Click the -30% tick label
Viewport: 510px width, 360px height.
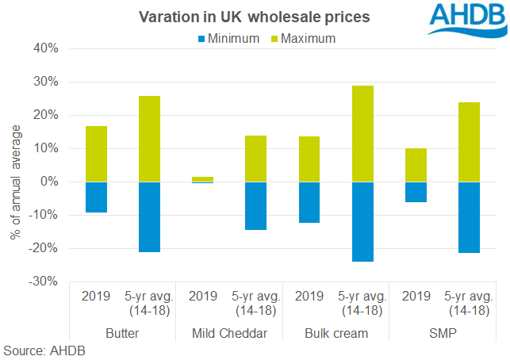coord(44,281)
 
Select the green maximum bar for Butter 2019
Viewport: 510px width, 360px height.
coord(96,154)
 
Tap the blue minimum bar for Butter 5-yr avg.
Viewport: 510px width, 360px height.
coord(149,217)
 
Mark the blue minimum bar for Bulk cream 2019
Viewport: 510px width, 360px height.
coord(309,202)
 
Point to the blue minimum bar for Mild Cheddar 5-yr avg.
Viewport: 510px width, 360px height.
coord(255,205)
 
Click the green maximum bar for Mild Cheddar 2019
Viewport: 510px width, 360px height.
coord(202,179)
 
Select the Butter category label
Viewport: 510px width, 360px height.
coord(122,333)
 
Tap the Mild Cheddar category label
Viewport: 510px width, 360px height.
coord(228,333)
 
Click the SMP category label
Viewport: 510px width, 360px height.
coord(442,333)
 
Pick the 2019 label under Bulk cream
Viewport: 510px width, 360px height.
coord(309,297)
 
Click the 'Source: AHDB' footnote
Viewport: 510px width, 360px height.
coord(44,350)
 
